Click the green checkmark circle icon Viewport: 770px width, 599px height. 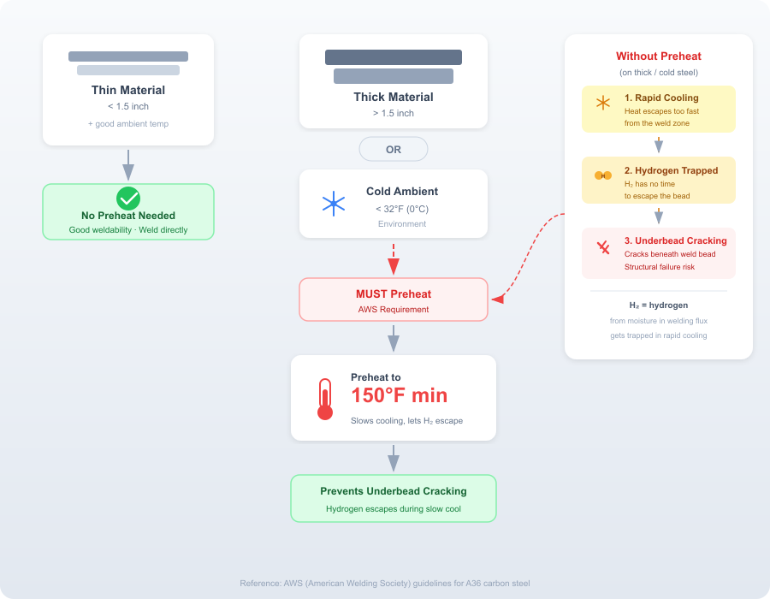[128, 199]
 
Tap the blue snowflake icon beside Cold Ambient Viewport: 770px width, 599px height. [334, 204]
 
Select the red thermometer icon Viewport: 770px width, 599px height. [325, 399]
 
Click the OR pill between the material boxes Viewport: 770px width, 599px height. [394, 149]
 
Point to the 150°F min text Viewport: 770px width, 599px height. [400, 395]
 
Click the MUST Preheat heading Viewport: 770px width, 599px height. [394, 294]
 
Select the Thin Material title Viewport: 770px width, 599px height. [128, 91]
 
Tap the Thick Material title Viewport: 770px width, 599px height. [394, 98]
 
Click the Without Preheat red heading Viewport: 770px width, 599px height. [659, 56]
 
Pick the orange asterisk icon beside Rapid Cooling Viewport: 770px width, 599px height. [603, 103]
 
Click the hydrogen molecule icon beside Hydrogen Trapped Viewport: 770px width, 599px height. [603, 175]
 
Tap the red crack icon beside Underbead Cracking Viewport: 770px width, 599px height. [603, 247]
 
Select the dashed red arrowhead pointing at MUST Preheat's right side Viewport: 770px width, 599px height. [498, 299]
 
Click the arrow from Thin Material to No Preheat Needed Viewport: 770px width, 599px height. [128, 165]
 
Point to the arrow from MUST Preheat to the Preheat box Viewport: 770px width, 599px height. [394, 338]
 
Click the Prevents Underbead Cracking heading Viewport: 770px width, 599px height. [394, 491]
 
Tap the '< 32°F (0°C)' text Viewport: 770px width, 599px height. [402, 209]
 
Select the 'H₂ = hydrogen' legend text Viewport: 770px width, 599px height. [659, 305]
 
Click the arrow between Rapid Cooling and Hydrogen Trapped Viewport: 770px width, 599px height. [659, 145]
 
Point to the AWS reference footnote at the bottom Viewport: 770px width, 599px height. [385, 584]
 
